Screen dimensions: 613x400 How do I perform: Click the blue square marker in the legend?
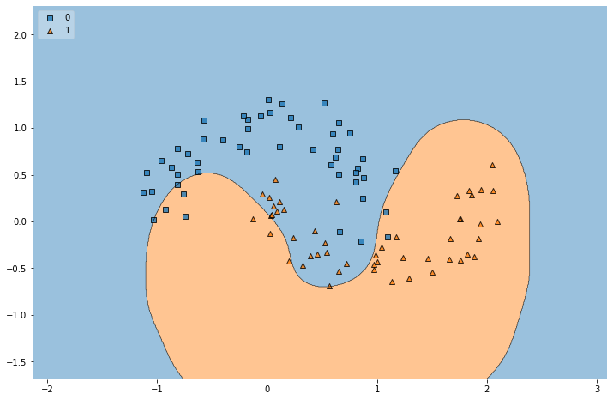[51, 17]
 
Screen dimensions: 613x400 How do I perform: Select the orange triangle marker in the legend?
[51, 30]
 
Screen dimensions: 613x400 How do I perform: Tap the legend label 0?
[68, 17]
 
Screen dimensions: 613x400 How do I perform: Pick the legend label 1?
[68, 30]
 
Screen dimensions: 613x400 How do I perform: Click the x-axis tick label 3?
[597, 389]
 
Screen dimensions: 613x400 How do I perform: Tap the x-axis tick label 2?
[487, 389]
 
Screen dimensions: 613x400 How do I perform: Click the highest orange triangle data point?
[492, 165]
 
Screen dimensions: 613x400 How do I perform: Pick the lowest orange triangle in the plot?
[329, 286]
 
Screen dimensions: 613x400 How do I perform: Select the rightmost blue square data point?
[395, 171]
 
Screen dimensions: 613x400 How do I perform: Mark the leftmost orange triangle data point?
[253, 219]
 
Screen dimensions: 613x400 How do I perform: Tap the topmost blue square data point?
[268, 100]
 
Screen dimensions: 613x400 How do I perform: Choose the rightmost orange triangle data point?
[497, 221]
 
